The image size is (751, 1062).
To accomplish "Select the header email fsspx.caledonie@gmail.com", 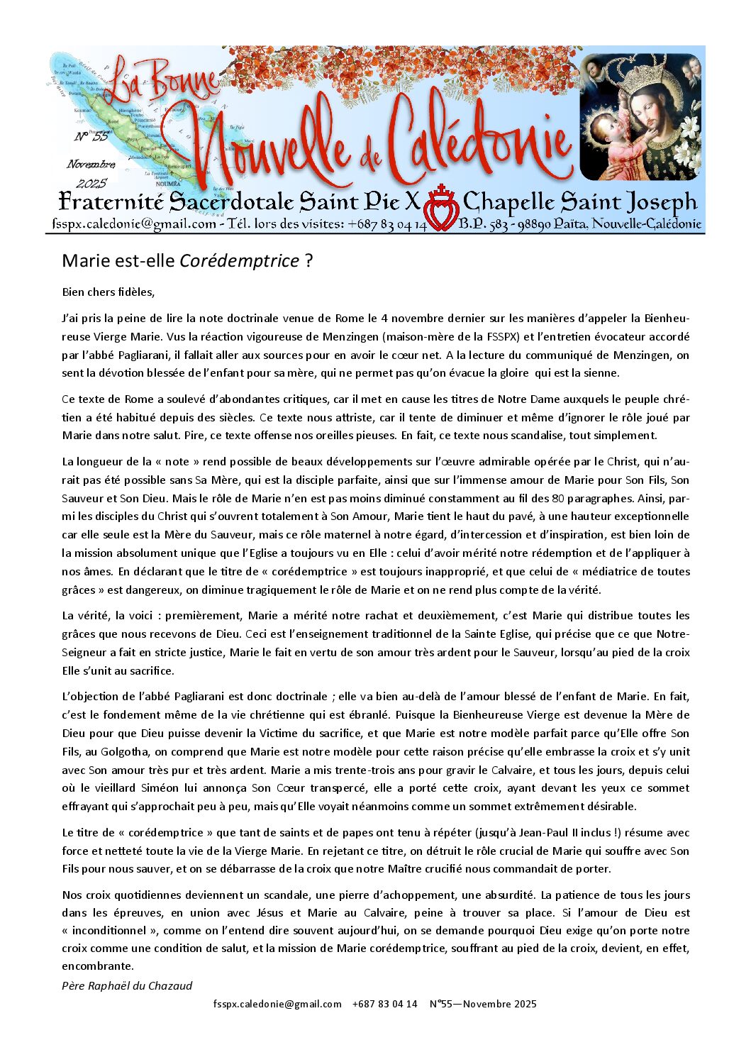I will click(x=134, y=224).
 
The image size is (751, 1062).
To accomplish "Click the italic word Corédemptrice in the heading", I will click(x=239, y=261).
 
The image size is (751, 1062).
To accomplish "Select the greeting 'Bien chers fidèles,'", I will click(x=108, y=292).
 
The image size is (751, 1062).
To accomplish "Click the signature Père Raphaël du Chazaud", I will click(x=127, y=985).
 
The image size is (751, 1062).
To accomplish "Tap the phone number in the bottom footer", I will click(x=384, y=1004).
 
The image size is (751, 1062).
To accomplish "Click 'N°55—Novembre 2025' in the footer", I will click(x=483, y=1004).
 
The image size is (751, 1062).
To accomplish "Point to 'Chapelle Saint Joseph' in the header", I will click(x=580, y=202).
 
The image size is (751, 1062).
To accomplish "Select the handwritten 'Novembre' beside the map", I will click(x=91, y=165).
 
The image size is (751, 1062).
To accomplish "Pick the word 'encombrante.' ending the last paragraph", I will click(x=98, y=966).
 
